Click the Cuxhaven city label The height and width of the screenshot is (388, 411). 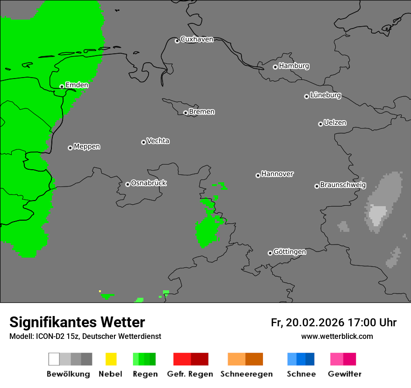[x=197, y=39]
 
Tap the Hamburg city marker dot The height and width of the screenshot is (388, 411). [x=275, y=67]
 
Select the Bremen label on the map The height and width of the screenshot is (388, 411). [x=202, y=112]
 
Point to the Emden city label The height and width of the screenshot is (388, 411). [x=77, y=85]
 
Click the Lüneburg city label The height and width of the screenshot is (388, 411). [x=326, y=95]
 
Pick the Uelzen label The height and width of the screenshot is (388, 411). [x=335, y=122]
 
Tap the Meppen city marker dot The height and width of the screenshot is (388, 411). [x=70, y=148]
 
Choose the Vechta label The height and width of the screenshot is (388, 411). [x=158, y=141]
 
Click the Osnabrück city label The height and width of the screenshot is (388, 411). [x=149, y=183]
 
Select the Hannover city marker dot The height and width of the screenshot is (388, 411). [x=258, y=175]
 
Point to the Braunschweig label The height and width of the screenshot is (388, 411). [x=343, y=185]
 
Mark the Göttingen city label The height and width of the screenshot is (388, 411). [x=290, y=251]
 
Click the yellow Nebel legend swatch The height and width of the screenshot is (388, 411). [x=111, y=359]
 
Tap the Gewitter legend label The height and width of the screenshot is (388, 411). [x=345, y=374]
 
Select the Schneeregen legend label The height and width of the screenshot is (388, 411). [x=247, y=374]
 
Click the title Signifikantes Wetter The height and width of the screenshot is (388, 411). [x=77, y=322]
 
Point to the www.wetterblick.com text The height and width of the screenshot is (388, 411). [x=337, y=336]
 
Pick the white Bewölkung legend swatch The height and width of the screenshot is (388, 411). [x=54, y=359]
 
